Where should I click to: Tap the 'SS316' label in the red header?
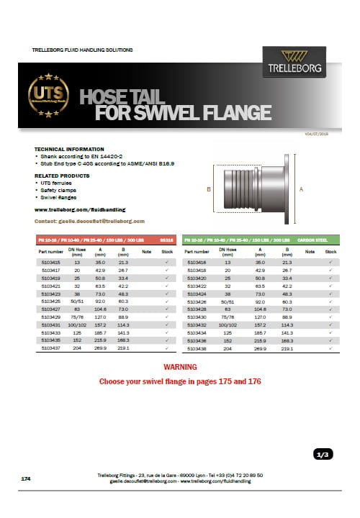click(x=166, y=239)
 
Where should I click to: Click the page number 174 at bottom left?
click(x=26, y=478)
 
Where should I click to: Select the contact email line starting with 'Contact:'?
click(x=89, y=221)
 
